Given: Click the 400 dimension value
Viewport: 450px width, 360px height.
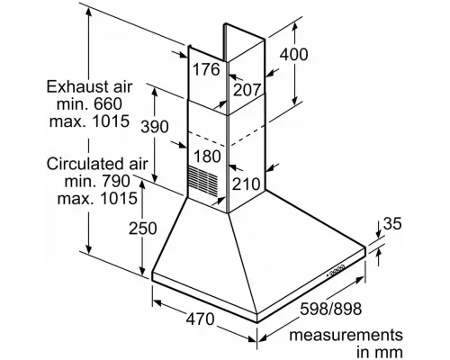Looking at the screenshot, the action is (x=294, y=55).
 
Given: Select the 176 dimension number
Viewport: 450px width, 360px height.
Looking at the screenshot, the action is (x=206, y=69).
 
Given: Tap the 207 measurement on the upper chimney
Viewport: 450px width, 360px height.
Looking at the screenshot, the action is (x=247, y=90).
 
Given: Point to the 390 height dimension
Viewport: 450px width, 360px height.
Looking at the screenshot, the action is (x=155, y=127).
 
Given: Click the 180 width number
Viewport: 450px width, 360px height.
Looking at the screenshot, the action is (x=207, y=157).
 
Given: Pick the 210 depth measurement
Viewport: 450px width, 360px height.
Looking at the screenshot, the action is (x=246, y=184).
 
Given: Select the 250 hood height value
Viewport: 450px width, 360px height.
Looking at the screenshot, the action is (x=143, y=229).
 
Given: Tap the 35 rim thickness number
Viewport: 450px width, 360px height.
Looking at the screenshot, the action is (x=392, y=223).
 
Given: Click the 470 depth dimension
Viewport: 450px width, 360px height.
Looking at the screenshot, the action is (x=201, y=319).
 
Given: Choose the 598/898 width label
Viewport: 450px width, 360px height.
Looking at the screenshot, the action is (x=331, y=309).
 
